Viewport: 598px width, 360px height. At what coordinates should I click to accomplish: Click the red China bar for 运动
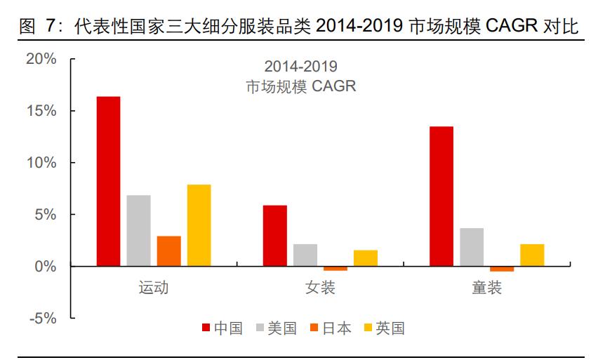pyautogui.click(x=108, y=181)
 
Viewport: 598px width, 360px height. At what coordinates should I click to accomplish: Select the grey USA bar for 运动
pyautogui.click(x=138, y=230)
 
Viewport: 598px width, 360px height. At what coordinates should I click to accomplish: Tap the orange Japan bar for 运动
pyautogui.click(x=168, y=251)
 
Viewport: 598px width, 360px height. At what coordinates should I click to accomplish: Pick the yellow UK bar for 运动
pyautogui.click(x=199, y=225)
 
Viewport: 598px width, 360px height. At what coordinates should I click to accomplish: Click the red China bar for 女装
pyautogui.click(x=274, y=236)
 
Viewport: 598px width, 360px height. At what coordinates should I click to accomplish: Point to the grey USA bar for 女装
pyautogui.click(x=305, y=255)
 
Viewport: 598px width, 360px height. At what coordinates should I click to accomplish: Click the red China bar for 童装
pyautogui.click(x=441, y=196)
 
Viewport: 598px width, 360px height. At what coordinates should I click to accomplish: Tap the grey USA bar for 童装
pyautogui.click(x=471, y=247)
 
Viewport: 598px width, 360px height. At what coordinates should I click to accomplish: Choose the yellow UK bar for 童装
pyautogui.click(x=531, y=255)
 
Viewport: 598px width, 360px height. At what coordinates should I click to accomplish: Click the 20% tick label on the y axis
pyautogui.click(x=41, y=59)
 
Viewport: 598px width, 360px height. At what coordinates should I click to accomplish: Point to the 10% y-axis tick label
pyautogui.click(x=41, y=163)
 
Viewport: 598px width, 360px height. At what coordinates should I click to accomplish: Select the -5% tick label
pyautogui.click(x=41, y=318)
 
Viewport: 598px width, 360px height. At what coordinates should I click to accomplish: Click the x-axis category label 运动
pyautogui.click(x=154, y=288)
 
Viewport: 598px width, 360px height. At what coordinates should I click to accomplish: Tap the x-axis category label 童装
pyautogui.click(x=486, y=288)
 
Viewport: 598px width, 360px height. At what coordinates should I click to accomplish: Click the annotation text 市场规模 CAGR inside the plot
pyautogui.click(x=300, y=87)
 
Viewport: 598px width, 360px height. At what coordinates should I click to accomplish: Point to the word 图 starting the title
pyautogui.click(x=27, y=27)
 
